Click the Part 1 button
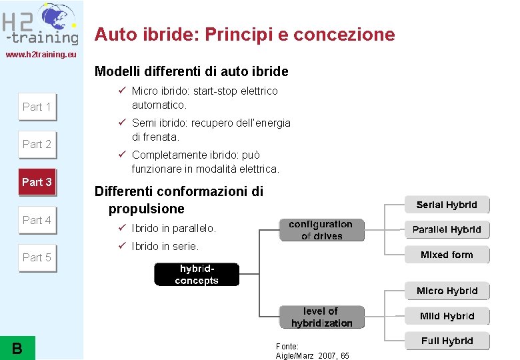point(37,107)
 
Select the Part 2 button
point(37,144)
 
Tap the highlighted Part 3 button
point(37,182)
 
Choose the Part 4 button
point(37,220)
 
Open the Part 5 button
point(37,257)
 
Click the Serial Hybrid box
point(447,205)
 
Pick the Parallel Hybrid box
point(447,230)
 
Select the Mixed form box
point(447,255)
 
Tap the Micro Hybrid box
point(447,291)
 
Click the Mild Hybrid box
point(447,316)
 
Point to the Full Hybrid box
point(447,341)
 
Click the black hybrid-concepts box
point(196,275)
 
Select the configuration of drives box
point(321,230)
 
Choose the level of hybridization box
point(321,317)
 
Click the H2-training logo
point(40,23)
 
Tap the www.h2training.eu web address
point(41,54)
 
